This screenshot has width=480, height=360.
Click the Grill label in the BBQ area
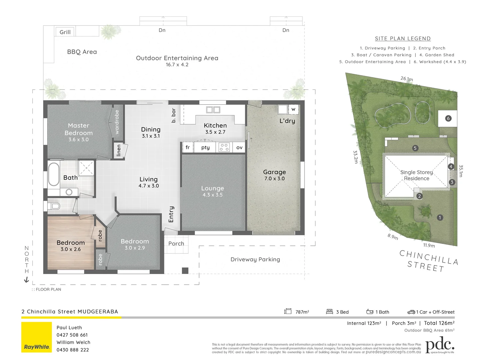[65, 32]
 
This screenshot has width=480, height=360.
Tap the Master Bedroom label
[79, 129]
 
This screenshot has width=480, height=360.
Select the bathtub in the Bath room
[54, 174]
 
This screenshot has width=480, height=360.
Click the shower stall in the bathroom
[87, 168]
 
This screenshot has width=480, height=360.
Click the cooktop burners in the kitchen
[224, 147]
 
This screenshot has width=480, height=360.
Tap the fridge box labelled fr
[188, 147]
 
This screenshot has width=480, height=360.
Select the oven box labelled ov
[239, 147]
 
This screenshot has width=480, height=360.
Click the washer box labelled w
[293, 109]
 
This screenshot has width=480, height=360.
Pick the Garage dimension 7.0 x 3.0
[274, 179]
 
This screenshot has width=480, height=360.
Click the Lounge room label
[213, 188]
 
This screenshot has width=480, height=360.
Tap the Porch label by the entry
[176, 244]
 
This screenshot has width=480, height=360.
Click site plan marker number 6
[448, 118]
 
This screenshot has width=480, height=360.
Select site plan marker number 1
[440, 218]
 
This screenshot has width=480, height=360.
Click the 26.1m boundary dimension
[407, 79]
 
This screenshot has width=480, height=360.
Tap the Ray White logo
[37, 337]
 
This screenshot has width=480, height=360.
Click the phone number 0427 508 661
[72, 335]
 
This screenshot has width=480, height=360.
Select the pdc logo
[440, 345]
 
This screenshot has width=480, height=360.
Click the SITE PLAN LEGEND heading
[403, 39]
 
